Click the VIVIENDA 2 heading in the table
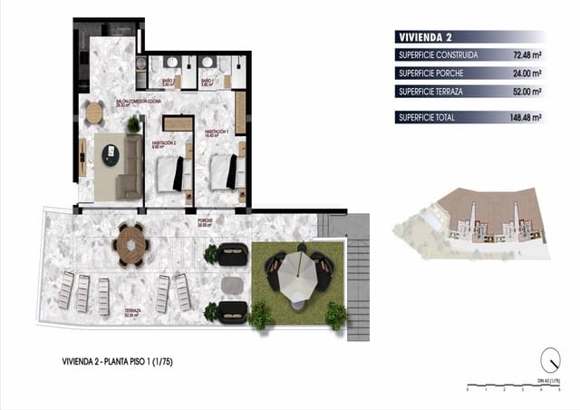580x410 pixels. [x=425, y=37]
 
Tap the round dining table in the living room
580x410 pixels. [x=94, y=112]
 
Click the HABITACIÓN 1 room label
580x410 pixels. [x=216, y=132]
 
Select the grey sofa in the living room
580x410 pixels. [x=131, y=167]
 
